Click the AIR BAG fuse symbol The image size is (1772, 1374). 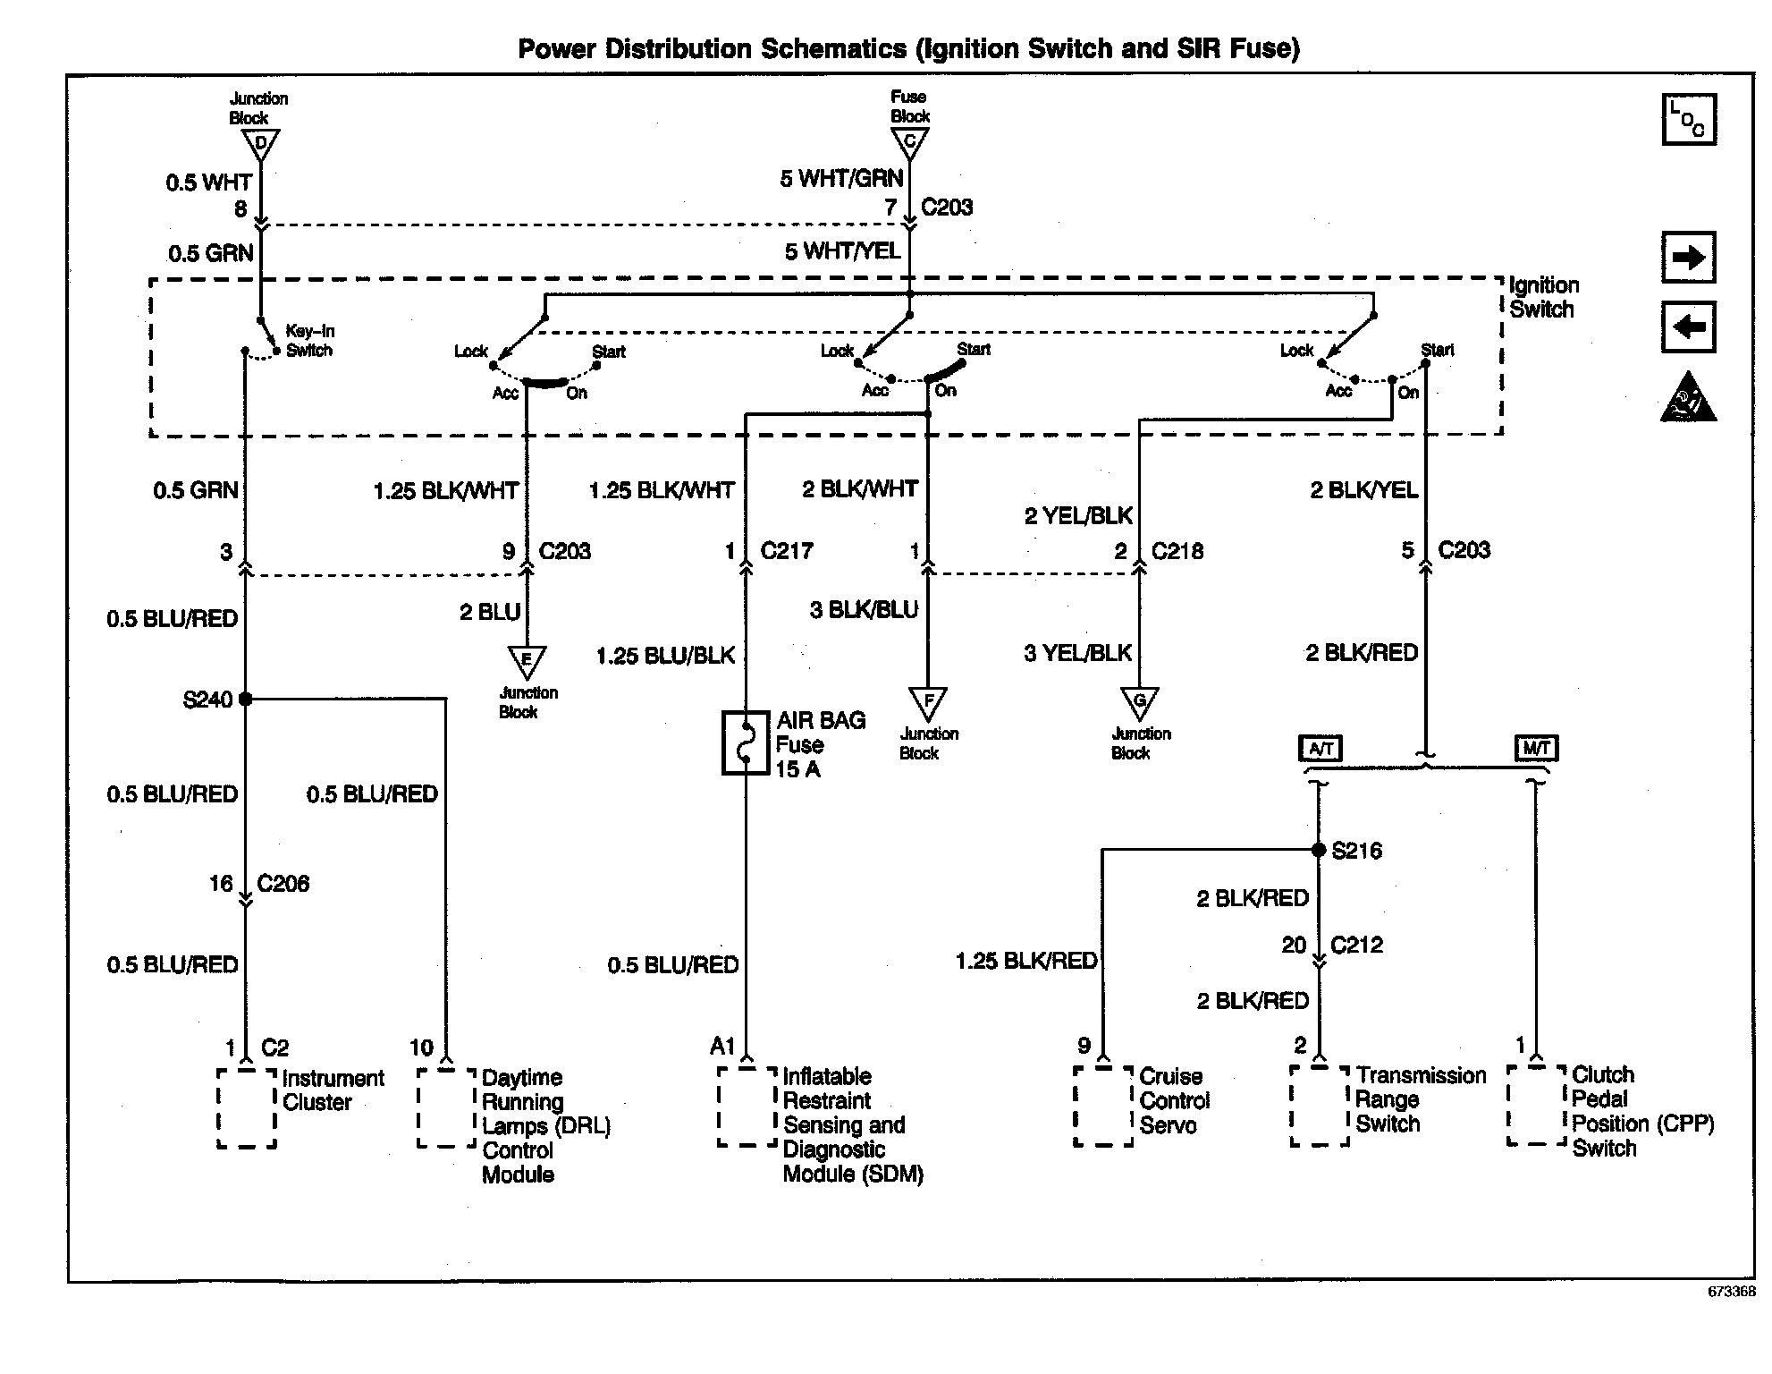point(745,742)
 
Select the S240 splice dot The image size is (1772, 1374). point(246,699)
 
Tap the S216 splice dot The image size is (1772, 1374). point(1318,850)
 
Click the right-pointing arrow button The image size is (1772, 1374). point(1688,259)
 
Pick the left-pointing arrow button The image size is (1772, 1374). point(1688,327)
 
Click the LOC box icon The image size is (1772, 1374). point(1688,120)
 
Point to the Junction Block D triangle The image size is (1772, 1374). point(261,144)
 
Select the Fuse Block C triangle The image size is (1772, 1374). point(910,142)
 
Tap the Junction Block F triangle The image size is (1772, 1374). point(928,702)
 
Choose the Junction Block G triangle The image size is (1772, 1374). point(1139,702)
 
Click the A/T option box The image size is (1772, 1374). point(1321,748)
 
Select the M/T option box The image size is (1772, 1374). point(1536,748)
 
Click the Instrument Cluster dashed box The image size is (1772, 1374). point(247,1107)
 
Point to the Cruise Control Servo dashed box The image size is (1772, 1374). point(1103,1106)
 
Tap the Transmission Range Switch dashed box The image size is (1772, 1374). point(1319,1106)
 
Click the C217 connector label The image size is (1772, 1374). point(787,551)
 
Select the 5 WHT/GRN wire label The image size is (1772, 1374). point(841,179)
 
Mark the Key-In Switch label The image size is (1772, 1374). point(309,341)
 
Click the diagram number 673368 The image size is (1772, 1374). point(1731,1292)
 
